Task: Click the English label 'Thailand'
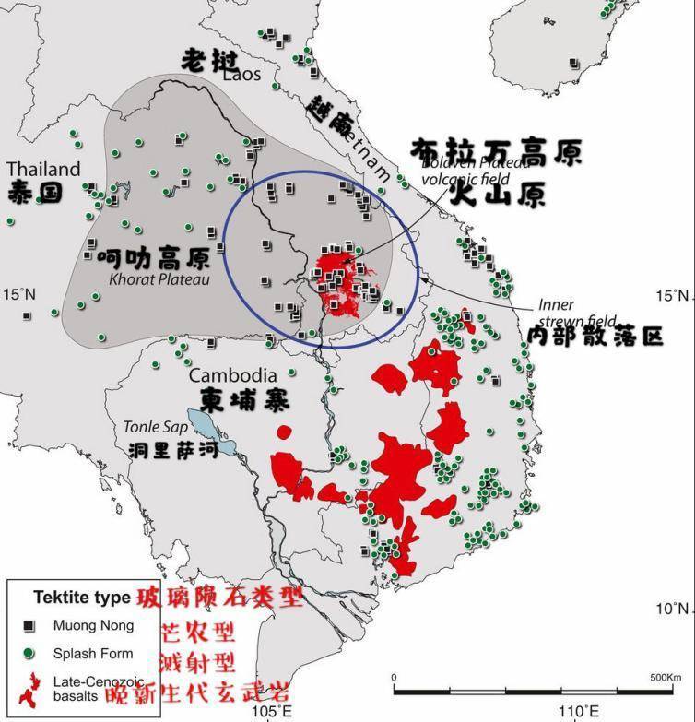click(x=43, y=170)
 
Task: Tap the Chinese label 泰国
click(x=34, y=193)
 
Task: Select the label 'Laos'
click(x=241, y=75)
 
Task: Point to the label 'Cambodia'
click(x=232, y=375)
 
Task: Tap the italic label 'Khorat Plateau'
click(x=159, y=278)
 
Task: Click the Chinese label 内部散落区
click(x=595, y=336)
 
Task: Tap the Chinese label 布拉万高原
click(x=496, y=152)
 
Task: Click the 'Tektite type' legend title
click(x=81, y=598)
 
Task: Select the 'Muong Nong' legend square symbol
click(x=29, y=626)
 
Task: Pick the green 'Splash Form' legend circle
click(x=29, y=654)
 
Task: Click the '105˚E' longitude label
click(x=273, y=711)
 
